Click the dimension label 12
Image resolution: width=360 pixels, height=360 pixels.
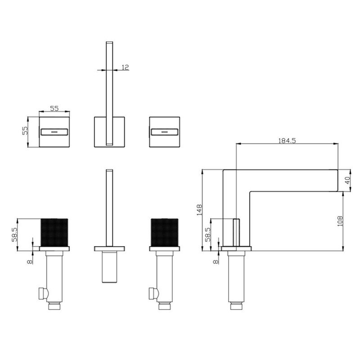(x=126, y=67)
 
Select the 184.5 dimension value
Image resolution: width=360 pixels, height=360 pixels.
(x=287, y=140)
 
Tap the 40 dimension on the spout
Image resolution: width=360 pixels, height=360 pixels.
(x=348, y=180)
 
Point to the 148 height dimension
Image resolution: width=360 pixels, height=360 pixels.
(x=199, y=210)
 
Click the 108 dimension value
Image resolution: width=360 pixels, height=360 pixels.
(x=340, y=221)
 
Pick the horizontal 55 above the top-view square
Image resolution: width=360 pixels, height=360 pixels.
(x=54, y=108)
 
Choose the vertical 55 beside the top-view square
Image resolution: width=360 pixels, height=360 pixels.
(x=25, y=130)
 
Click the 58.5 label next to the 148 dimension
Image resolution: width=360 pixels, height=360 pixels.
(x=208, y=234)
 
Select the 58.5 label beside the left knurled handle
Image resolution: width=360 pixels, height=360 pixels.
(x=14, y=234)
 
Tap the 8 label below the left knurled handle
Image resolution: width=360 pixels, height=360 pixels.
(x=30, y=262)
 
